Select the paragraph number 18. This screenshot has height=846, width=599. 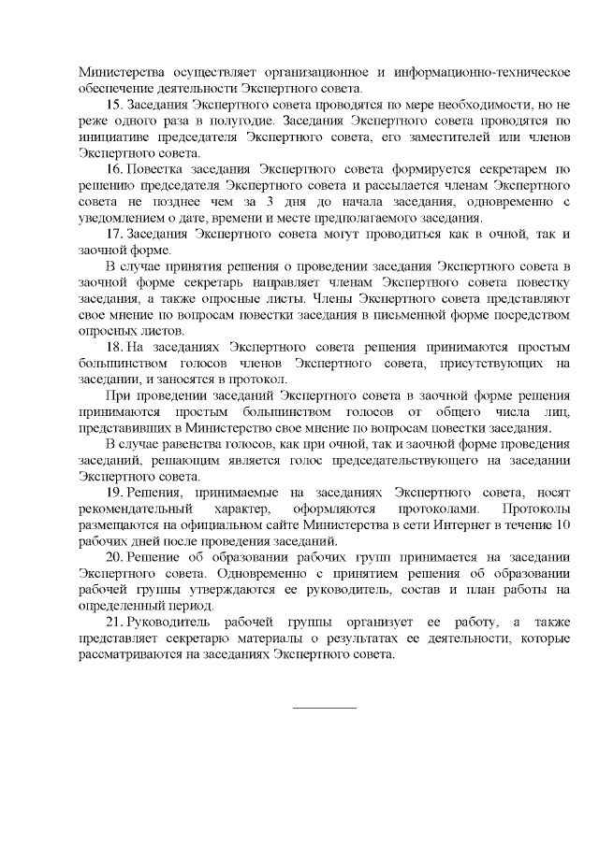click(116, 347)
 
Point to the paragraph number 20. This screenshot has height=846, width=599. click(116, 557)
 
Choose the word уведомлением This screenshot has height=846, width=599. click(122, 218)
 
